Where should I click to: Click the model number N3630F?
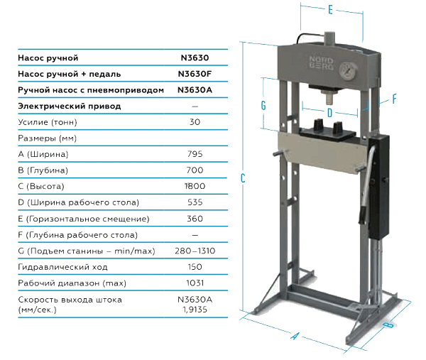tap(195, 74)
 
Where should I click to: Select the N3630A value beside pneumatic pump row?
tap(195, 90)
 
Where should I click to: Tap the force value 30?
tap(195, 122)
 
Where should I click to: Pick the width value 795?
tap(195, 154)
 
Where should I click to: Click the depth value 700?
tap(195, 170)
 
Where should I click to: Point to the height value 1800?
tap(195, 186)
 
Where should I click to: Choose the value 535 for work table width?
tap(195, 202)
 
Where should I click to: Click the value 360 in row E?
tap(195, 219)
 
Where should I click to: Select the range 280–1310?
tap(195, 251)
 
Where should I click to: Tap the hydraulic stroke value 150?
tap(195, 267)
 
